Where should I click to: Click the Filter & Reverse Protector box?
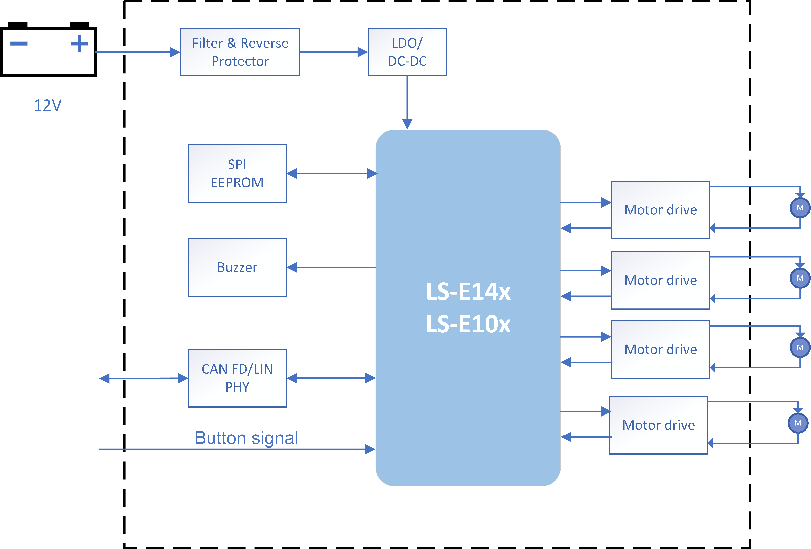[x=240, y=52]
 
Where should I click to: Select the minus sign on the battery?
[x=19, y=44]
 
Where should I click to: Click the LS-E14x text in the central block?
[x=468, y=292]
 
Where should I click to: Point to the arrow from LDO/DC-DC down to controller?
[x=407, y=101]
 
